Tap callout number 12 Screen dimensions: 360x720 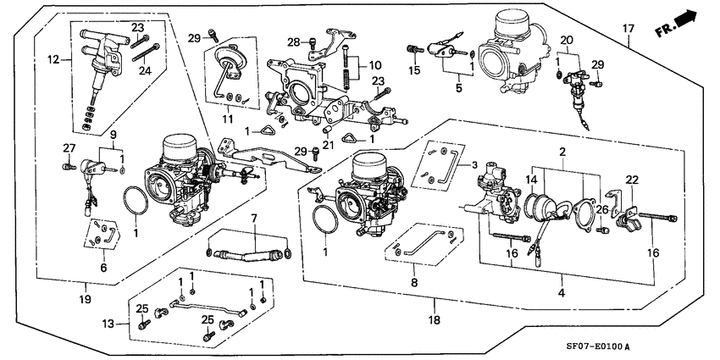53,59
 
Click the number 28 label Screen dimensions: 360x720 294,42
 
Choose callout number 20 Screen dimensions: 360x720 566,40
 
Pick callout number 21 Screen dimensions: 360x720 329,144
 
